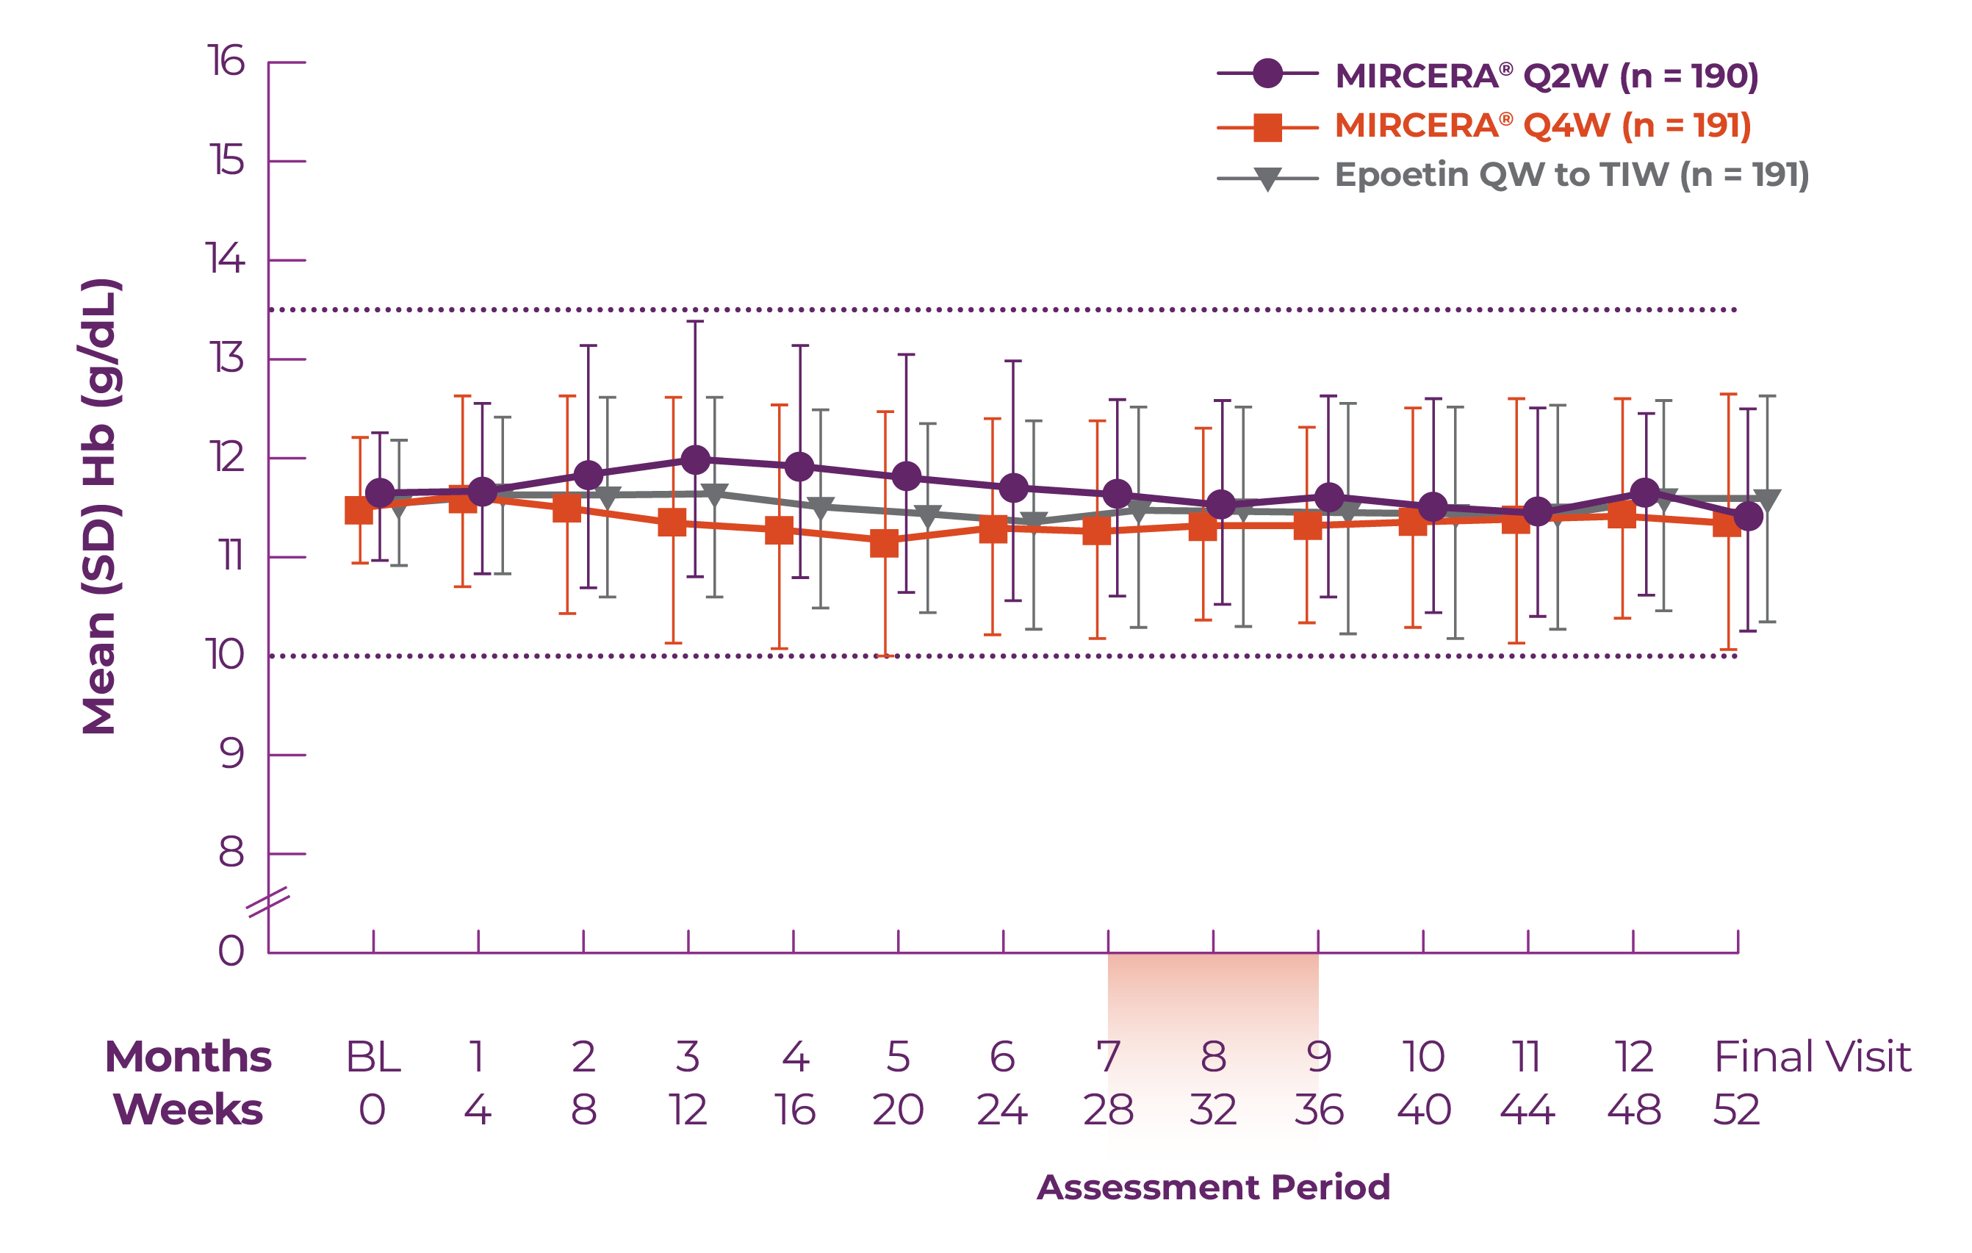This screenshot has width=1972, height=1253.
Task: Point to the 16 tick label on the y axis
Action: pyautogui.click(x=226, y=62)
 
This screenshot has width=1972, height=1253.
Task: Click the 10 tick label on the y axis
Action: pyautogui.click(x=223, y=656)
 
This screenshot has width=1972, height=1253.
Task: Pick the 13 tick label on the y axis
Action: pyautogui.click(x=226, y=359)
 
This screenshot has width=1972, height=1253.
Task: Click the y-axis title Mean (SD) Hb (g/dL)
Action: pyautogui.click(x=100, y=506)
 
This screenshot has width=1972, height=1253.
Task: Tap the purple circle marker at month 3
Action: pyautogui.click(x=695, y=460)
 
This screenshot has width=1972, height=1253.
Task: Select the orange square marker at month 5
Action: pyautogui.click(x=885, y=542)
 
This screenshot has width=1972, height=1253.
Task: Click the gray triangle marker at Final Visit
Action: pyautogui.click(x=1767, y=500)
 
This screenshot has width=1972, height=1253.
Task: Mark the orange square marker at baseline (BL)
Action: pyautogui.click(x=359, y=510)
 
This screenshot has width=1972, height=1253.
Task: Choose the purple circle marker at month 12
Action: pyautogui.click(x=1645, y=492)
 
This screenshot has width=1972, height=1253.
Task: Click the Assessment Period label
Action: pyautogui.click(x=1214, y=1187)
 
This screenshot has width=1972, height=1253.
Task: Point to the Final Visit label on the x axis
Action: pyautogui.click(x=1813, y=1057)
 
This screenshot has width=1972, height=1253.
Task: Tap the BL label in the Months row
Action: pyautogui.click(x=373, y=1057)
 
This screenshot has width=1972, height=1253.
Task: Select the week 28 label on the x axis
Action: pyautogui.click(x=1108, y=1110)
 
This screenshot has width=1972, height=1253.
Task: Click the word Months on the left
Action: pyautogui.click(x=187, y=1057)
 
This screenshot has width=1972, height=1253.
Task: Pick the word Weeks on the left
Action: pyautogui.click(x=187, y=1110)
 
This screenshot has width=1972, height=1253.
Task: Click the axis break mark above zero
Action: pyautogui.click(x=267, y=902)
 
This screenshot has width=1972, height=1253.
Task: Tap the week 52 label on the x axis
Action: pyautogui.click(x=1737, y=1110)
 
